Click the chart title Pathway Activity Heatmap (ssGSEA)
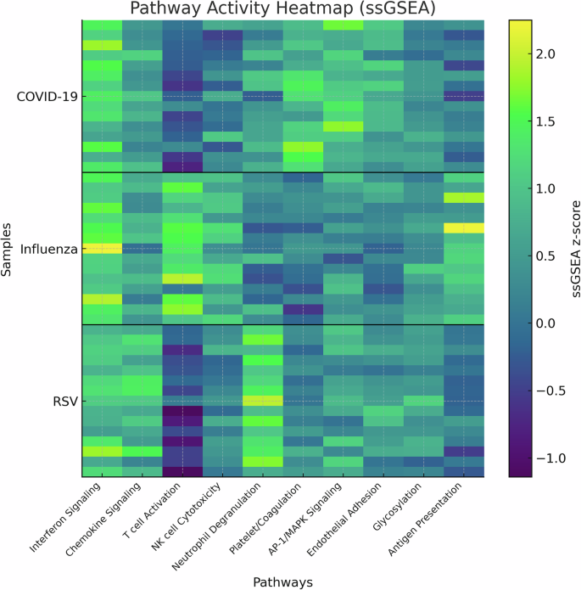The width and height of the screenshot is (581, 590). (283, 9)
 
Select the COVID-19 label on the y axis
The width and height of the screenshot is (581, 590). (47, 96)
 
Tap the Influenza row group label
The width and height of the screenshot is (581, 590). (49, 249)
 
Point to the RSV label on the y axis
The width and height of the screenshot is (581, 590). (64, 401)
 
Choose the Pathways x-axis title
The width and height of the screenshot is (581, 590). (283, 582)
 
